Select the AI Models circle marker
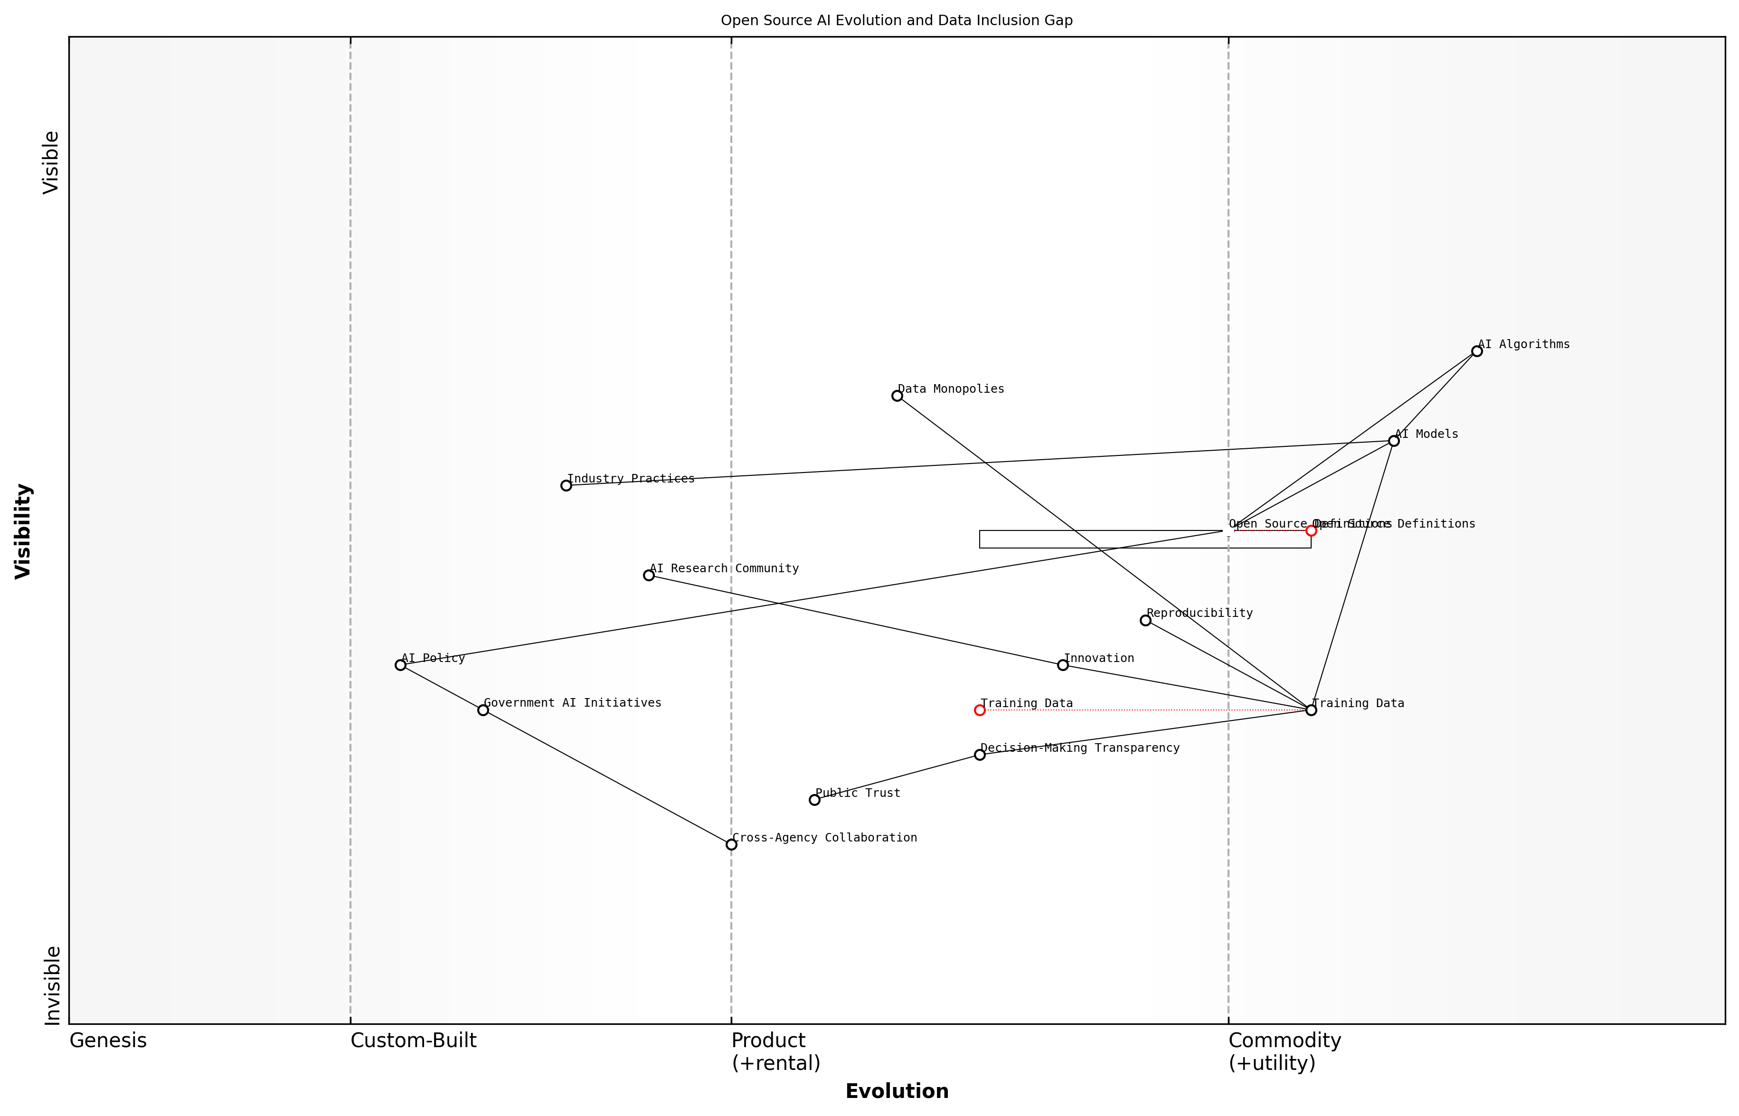coord(1393,441)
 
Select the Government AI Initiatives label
coord(572,703)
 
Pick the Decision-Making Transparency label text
coord(1079,748)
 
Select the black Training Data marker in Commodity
coord(1311,710)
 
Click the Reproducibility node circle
coord(1145,620)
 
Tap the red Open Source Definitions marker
coord(1311,530)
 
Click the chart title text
coord(896,20)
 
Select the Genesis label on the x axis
coord(108,1040)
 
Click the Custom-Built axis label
coord(413,1040)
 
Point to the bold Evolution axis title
coord(896,1091)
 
